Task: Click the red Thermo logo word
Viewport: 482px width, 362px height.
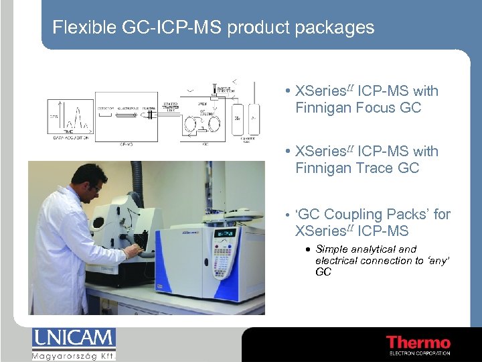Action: pos(418,343)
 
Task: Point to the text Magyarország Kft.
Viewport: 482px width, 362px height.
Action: pos(74,355)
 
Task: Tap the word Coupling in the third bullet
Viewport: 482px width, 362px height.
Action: pos(354,215)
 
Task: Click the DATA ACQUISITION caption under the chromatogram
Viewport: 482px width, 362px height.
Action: pos(70,136)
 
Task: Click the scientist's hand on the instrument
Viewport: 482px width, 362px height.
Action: pos(133,249)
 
